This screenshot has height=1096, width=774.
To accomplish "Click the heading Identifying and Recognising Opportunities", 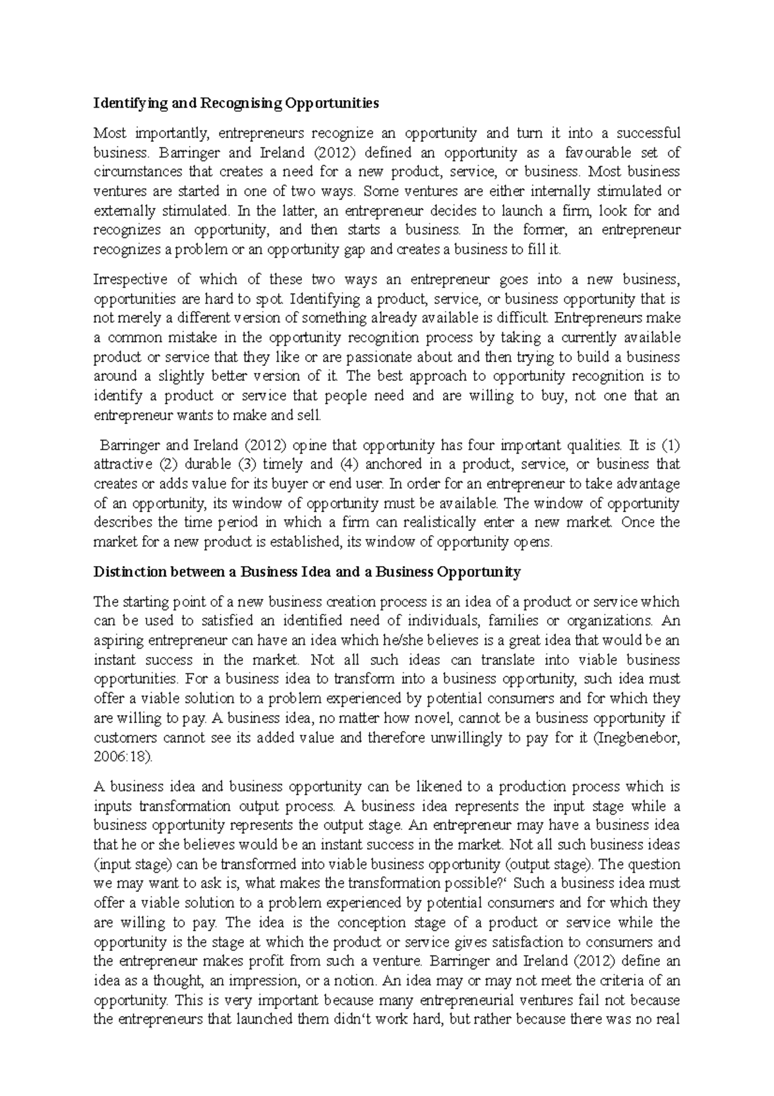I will pos(236,103).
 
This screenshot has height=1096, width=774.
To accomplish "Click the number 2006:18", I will pos(121,757).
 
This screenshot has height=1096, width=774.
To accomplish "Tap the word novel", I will pos(421,718).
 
